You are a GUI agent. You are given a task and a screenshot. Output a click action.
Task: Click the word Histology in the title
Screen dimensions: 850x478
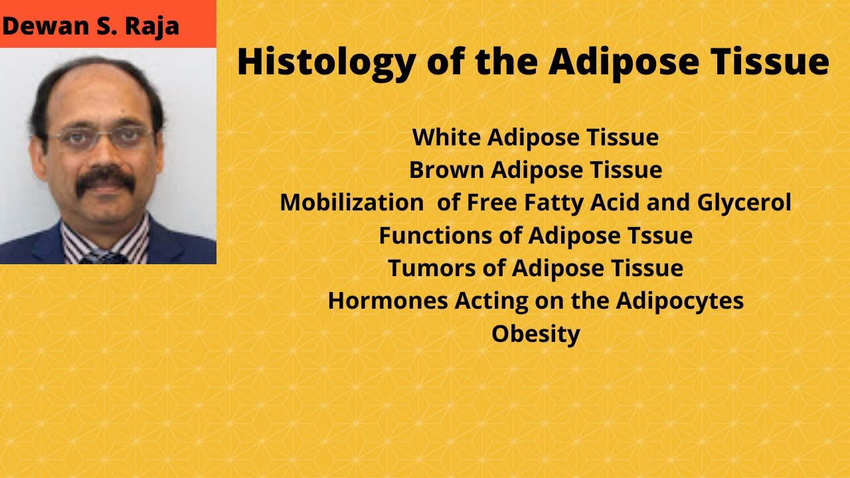click(x=325, y=62)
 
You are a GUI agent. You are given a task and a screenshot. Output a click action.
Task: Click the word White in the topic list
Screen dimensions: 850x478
click(x=447, y=137)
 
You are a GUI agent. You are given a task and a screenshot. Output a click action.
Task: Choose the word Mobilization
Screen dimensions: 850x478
click(x=352, y=202)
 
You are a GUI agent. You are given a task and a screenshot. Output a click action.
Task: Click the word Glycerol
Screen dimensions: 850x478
click(x=744, y=203)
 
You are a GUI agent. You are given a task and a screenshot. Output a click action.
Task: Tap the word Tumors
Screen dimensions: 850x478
click(x=432, y=268)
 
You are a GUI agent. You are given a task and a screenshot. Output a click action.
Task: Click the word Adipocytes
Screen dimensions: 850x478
click(x=679, y=301)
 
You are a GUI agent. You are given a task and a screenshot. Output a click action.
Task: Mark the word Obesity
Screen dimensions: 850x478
click(x=536, y=335)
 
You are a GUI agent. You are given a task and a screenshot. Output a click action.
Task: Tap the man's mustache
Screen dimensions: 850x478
click(x=106, y=180)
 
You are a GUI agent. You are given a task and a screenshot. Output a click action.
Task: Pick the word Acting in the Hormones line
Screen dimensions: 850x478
click(x=491, y=301)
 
